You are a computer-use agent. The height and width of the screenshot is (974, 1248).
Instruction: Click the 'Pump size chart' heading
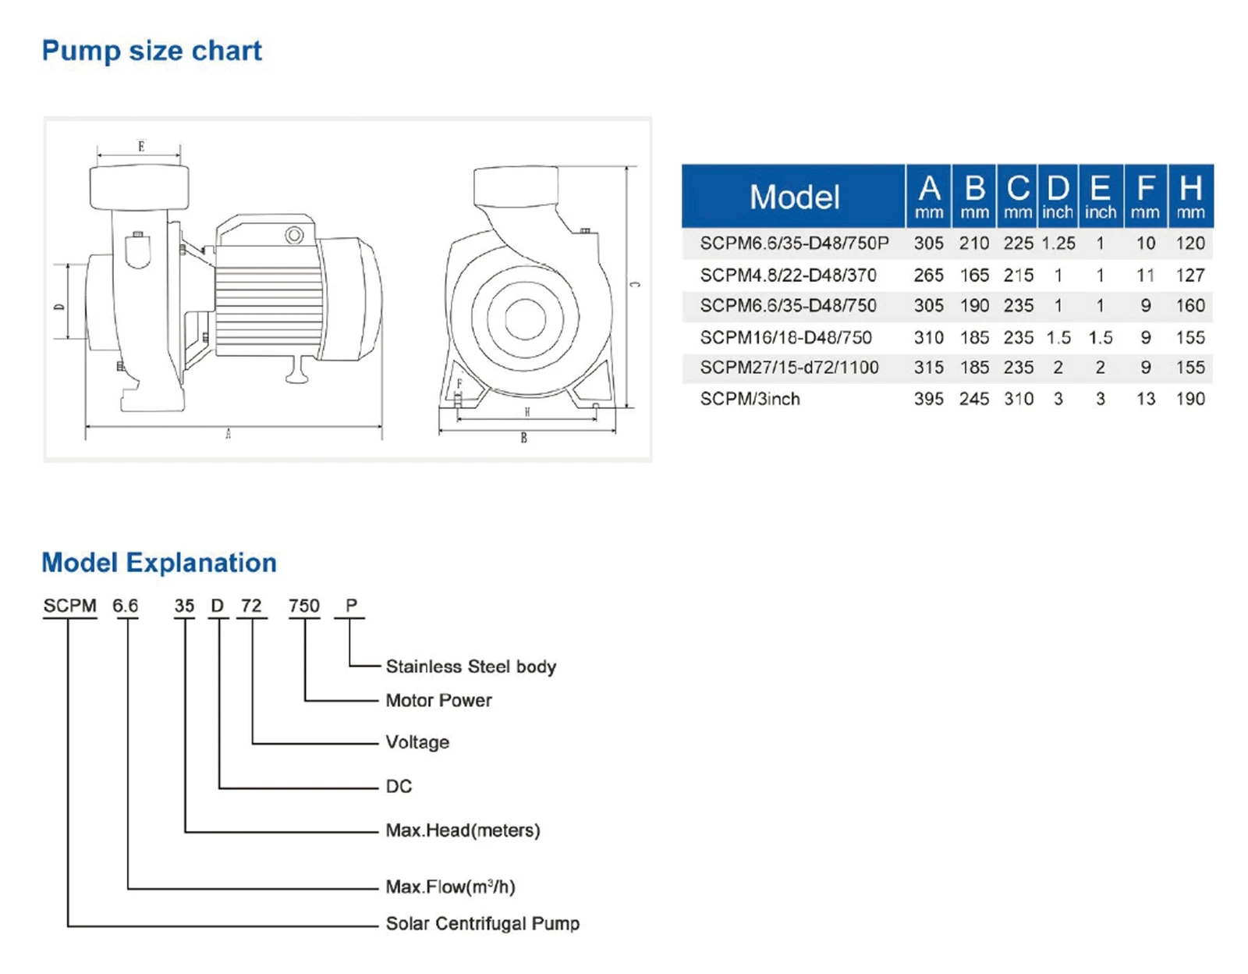pyautogui.click(x=151, y=52)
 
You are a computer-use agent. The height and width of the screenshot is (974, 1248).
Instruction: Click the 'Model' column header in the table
pyautogui.click(x=794, y=197)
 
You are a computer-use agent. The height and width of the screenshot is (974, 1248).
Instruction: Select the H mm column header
pyautogui.click(x=1190, y=197)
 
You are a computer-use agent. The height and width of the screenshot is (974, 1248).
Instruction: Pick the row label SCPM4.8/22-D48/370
pyautogui.click(x=788, y=275)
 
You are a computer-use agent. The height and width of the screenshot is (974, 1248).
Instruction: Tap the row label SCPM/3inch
pyautogui.click(x=750, y=399)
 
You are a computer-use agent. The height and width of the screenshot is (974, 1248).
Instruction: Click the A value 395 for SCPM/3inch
pyautogui.click(x=929, y=399)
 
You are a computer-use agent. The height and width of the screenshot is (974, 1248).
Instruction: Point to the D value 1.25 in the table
pyautogui.click(x=1058, y=243)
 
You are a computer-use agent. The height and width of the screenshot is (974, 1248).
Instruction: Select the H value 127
pyautogui.click(x=1190, y=275)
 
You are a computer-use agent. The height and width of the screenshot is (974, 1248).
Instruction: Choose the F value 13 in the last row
pyautogui.click(x=1146, y=399)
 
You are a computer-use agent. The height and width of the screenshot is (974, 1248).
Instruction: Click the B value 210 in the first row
pyautogui.click(x=974, y=243)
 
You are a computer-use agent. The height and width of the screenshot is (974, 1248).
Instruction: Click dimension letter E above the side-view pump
pyautogui.click(x=141, y=147)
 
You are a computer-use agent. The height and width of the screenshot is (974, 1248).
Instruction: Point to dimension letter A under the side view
pyautogui.click(x=228, y=434)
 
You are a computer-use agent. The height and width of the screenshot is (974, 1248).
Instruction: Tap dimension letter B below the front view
pyautogui.click(x=524, y=438)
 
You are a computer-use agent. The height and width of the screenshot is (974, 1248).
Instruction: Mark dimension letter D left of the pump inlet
pyautogui.click(x=60, y=307)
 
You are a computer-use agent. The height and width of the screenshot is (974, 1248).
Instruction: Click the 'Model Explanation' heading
pyautogui.click(x=159, y=563)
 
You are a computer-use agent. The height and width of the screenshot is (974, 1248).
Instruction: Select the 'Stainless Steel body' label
pyautogui.click(x=471, y=667)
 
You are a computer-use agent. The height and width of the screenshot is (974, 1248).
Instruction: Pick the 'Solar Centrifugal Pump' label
pyautogui.click(x=482, y=923)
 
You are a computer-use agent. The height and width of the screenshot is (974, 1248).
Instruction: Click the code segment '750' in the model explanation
pyautogui.click(x=304, y=606)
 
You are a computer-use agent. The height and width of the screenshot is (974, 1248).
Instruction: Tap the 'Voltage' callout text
pyautogui.click(x=417, y=742)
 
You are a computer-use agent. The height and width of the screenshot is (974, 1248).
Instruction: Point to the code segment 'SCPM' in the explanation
pyautogui.click(x=70, y=606)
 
